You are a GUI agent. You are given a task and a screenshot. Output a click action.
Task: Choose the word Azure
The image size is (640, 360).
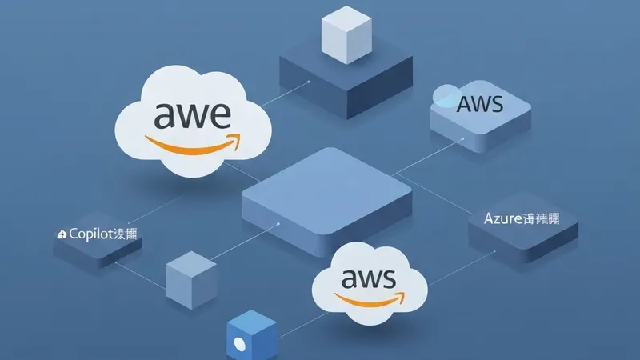click(x=502, y=217)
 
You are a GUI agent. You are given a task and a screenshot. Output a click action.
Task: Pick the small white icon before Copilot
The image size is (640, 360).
click(x=62, y=235)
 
